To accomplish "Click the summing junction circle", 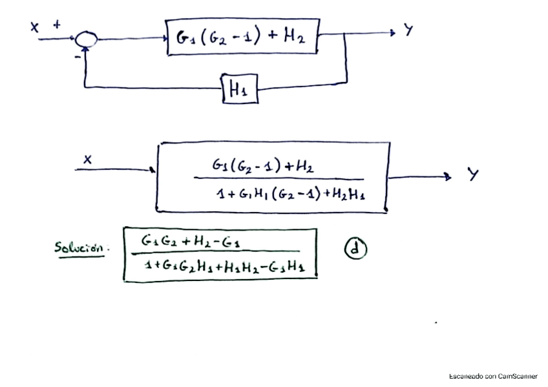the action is click(x=85, y=40).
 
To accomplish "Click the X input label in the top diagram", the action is click(x=34, y=26).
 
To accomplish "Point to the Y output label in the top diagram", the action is click(x=408, y=30).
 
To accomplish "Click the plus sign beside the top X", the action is click(x=57, y=25).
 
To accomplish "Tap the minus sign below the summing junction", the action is click(x=78, y=58).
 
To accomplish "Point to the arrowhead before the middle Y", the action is click(x=447, y=177).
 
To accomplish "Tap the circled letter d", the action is click(x=355, y=249).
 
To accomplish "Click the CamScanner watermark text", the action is click(x=493, y=376).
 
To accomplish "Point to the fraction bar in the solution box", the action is click(x=216, y=253).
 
